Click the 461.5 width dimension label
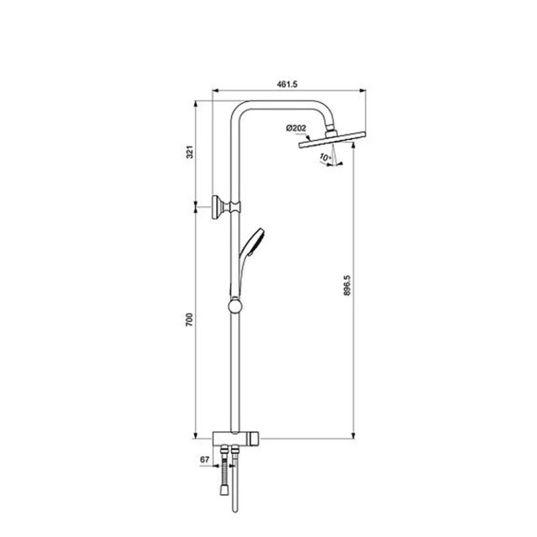pyautogui.click(x=287, y=84)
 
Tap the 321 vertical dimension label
pyautogui.click(x=190, y=152)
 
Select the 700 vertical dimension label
pyautogui.click(x=189, y=320)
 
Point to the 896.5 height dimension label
pyautogui.click(x=347, y=285)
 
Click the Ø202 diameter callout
pyautogui.click(x=296, y=128)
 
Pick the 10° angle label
pyautogui.click(x=326, y=157)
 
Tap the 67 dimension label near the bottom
pyautogui.click(x=205, y=460)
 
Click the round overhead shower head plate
pyautogui.click(x=332, y=140)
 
